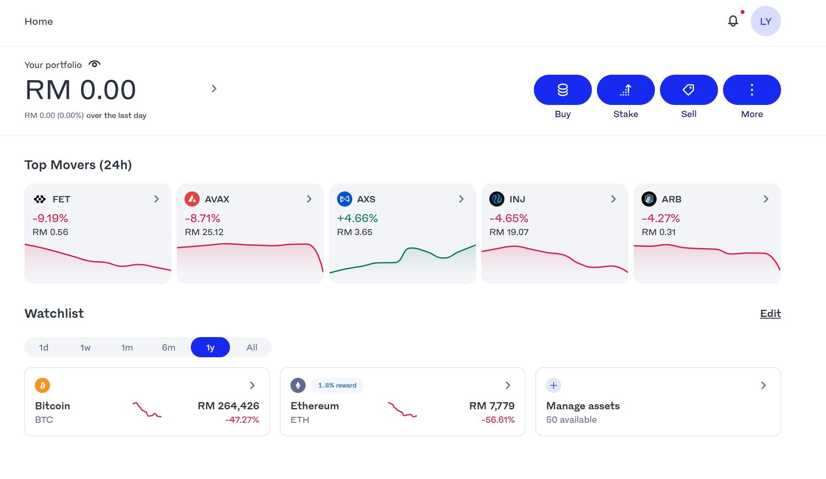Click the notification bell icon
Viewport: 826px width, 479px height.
click(733, 21)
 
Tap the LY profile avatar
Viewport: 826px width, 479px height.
click(765, 21)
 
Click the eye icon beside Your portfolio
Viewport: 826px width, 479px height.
click(95, 64)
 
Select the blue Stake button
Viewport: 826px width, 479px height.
click(625, 90)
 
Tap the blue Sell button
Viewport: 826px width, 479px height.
click(689, 90)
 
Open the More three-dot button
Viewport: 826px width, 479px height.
click(752, 90)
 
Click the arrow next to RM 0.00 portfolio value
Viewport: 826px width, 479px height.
click(214, 89)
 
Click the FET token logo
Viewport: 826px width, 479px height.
click(40, 199)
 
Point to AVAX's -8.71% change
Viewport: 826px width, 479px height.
click(203, 218)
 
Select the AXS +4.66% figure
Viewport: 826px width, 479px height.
click(357, 218)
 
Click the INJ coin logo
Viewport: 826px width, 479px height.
click(497, 199)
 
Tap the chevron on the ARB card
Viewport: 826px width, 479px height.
click(766, 199)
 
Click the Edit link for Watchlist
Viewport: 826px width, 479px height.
click(770, 314)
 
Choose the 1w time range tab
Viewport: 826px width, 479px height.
click(85, 348)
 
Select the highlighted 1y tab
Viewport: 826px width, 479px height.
click(210, 348)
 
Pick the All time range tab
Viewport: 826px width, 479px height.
click(252, 348)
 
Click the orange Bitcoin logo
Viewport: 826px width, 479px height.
click(42, 385)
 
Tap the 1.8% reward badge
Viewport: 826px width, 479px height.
click(337, 385)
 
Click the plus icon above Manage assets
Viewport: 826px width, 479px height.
click(554, 385)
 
